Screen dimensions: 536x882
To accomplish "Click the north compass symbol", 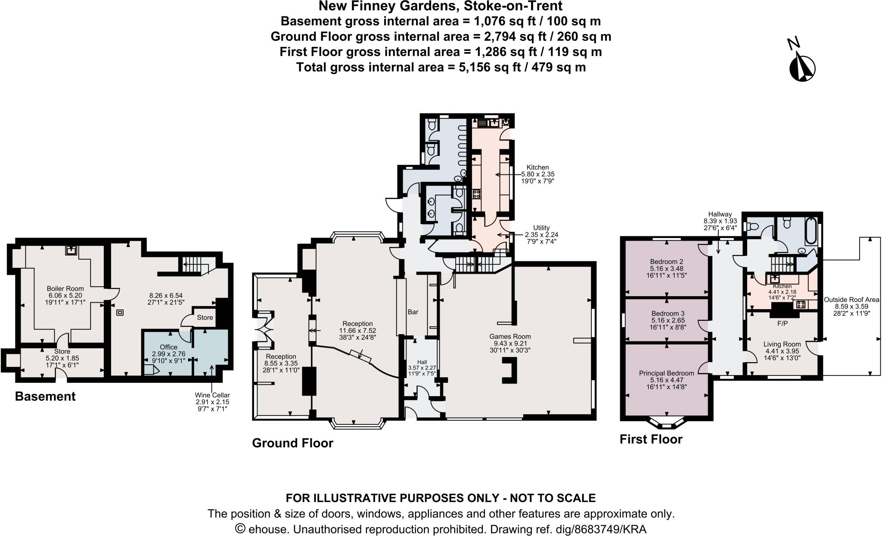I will (802, 68).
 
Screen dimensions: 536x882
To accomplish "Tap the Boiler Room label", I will (65, 288).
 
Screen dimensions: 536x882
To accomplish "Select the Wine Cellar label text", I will (212, 395).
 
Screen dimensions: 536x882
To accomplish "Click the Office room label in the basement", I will (168, 347).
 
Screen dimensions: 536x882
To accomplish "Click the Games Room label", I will (510, 336).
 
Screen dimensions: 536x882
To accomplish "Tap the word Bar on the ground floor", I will (413, 312).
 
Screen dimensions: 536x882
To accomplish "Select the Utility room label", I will (541, 228).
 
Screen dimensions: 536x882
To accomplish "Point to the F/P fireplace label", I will (783, 323).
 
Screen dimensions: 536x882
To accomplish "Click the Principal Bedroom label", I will (666, 373).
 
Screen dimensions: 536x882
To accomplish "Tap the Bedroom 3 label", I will (668, 313).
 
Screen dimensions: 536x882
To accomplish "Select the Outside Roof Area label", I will (851, 300).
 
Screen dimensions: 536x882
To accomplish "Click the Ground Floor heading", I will (292, 443).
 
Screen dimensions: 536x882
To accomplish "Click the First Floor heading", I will (651, 439).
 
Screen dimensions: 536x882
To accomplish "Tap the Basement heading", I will (45, 397).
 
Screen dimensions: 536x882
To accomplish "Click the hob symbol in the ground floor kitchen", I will (477, 194).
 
